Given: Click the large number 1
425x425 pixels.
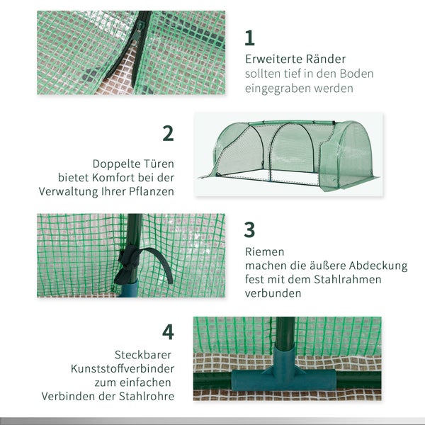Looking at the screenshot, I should click(x=249, y=38).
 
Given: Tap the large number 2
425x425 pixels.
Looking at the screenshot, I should click(x=168, y=133).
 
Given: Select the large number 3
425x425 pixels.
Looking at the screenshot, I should click(x=249, y=229).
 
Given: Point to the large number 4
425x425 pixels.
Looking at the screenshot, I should click(x=168, y=331).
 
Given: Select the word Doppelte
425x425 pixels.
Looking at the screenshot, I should click(x=116, y=162).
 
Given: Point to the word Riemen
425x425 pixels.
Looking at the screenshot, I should click(x=265, y=251).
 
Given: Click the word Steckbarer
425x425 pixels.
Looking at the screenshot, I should click(x=142, y=354).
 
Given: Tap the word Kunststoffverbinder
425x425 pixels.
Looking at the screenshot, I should click(x=122, y=368).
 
